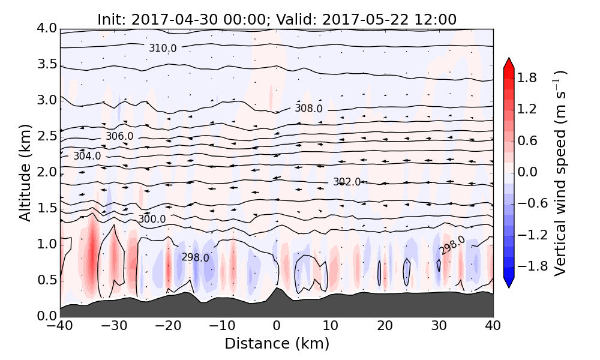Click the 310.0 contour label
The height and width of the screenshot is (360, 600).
[x=163, y=48]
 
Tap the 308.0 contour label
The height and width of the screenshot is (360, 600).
[x=308, y=109]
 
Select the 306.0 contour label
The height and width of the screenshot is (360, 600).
[x=119, y=136]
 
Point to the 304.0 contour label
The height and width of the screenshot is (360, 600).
[x=87, y=156]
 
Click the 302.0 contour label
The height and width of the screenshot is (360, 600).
[x=347, y=182]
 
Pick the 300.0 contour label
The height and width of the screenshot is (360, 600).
[x=152, y=219]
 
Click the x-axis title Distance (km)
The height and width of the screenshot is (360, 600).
[x=277, y=344]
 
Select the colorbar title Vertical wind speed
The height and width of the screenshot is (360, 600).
[x=560, y=173]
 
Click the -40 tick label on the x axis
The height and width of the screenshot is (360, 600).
[x=61, y=327]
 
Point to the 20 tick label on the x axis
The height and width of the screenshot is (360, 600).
[x=385, y=327]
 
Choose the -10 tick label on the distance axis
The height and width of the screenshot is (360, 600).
[x=223, y=327]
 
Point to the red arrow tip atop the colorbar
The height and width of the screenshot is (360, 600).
[x=508, y=62]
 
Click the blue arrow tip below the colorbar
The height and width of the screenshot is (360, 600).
[x=508, y=284]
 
